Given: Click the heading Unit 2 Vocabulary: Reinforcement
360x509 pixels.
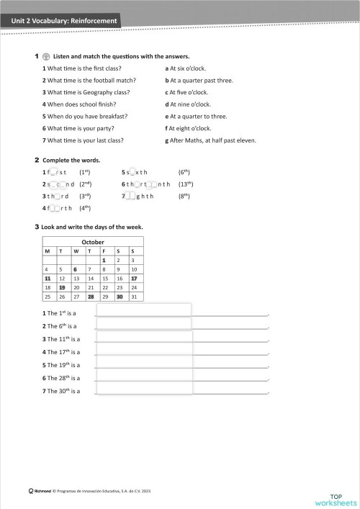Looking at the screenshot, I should (64, 21).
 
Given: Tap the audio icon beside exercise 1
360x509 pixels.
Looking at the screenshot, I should (46, 56).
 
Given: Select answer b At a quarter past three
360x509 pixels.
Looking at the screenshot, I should (199, 81).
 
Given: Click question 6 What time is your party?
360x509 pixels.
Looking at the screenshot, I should (86, 128).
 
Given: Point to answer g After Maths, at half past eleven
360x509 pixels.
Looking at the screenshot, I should (210, 140).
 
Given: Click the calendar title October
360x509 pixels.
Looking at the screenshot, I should (93, 242).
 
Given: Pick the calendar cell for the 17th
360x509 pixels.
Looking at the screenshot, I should (134, 278).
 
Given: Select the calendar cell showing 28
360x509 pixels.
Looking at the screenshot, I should (91, 296).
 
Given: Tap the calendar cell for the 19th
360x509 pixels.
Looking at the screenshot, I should (62, 287).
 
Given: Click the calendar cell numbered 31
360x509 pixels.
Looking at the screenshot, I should (134, 296).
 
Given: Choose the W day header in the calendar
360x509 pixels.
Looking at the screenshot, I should (76, 251).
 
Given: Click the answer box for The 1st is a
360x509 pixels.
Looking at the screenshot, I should (144, 310).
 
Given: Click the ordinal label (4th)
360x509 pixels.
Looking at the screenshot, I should (84, 208).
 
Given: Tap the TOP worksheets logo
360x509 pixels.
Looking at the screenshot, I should (336, 498).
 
